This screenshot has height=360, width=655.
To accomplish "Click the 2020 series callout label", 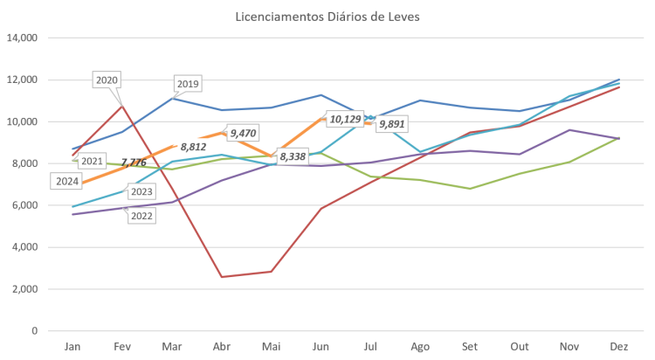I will click(x=107, y=80).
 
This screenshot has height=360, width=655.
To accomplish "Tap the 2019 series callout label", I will click(x=188, y=85).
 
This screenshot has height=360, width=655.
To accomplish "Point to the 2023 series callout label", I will click(x=141, y=192).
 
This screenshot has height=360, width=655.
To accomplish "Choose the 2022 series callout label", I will click(x=141, y=216).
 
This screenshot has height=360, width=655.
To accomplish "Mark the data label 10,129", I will click(x=344, y=119).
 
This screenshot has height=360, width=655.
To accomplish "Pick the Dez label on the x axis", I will click(x=619, y=346).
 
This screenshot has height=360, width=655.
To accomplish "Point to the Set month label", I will click(x=471, y=346).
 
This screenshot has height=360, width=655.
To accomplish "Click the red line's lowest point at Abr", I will click(x=223, y=277).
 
